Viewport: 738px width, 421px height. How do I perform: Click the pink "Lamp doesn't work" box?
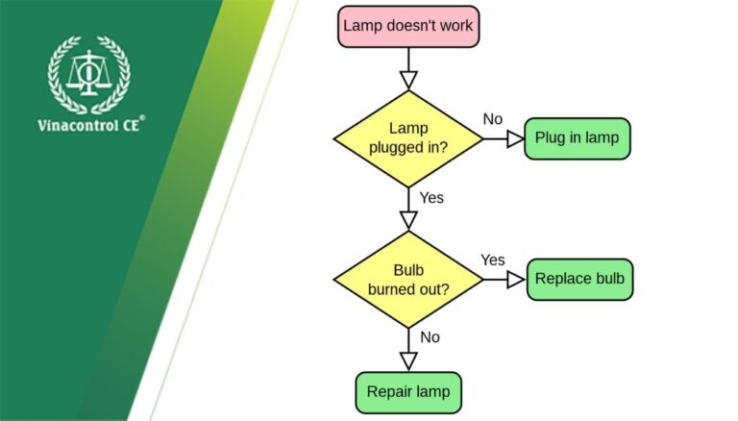click(408, 26)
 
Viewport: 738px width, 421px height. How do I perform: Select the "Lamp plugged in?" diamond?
click(408, 138)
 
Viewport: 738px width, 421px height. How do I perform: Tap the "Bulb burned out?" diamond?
click(408, 279)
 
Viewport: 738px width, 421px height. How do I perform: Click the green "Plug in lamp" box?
click(577, 138)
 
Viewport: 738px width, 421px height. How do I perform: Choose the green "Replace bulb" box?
click(579, 279)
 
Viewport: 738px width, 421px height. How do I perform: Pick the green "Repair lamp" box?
click(408, 392)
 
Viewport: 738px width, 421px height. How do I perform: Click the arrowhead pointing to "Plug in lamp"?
click(514, 138)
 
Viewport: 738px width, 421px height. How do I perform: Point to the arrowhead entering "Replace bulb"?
click(516, 279)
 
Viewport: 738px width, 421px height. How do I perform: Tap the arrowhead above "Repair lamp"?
click(408, 361)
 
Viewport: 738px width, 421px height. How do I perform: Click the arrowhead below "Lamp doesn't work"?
click(408, 80)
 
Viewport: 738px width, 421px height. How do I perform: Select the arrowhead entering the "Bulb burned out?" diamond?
click(408, 220)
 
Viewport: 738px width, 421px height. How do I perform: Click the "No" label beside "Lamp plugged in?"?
click(492, 119)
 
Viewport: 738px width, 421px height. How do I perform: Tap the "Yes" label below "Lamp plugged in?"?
click(431, 197)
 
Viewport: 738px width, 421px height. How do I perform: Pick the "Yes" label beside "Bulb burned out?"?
click(492, 260)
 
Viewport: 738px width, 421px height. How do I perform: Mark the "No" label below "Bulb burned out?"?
click(430, 337)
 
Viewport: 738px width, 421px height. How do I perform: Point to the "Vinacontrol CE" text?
click(89, 125)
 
